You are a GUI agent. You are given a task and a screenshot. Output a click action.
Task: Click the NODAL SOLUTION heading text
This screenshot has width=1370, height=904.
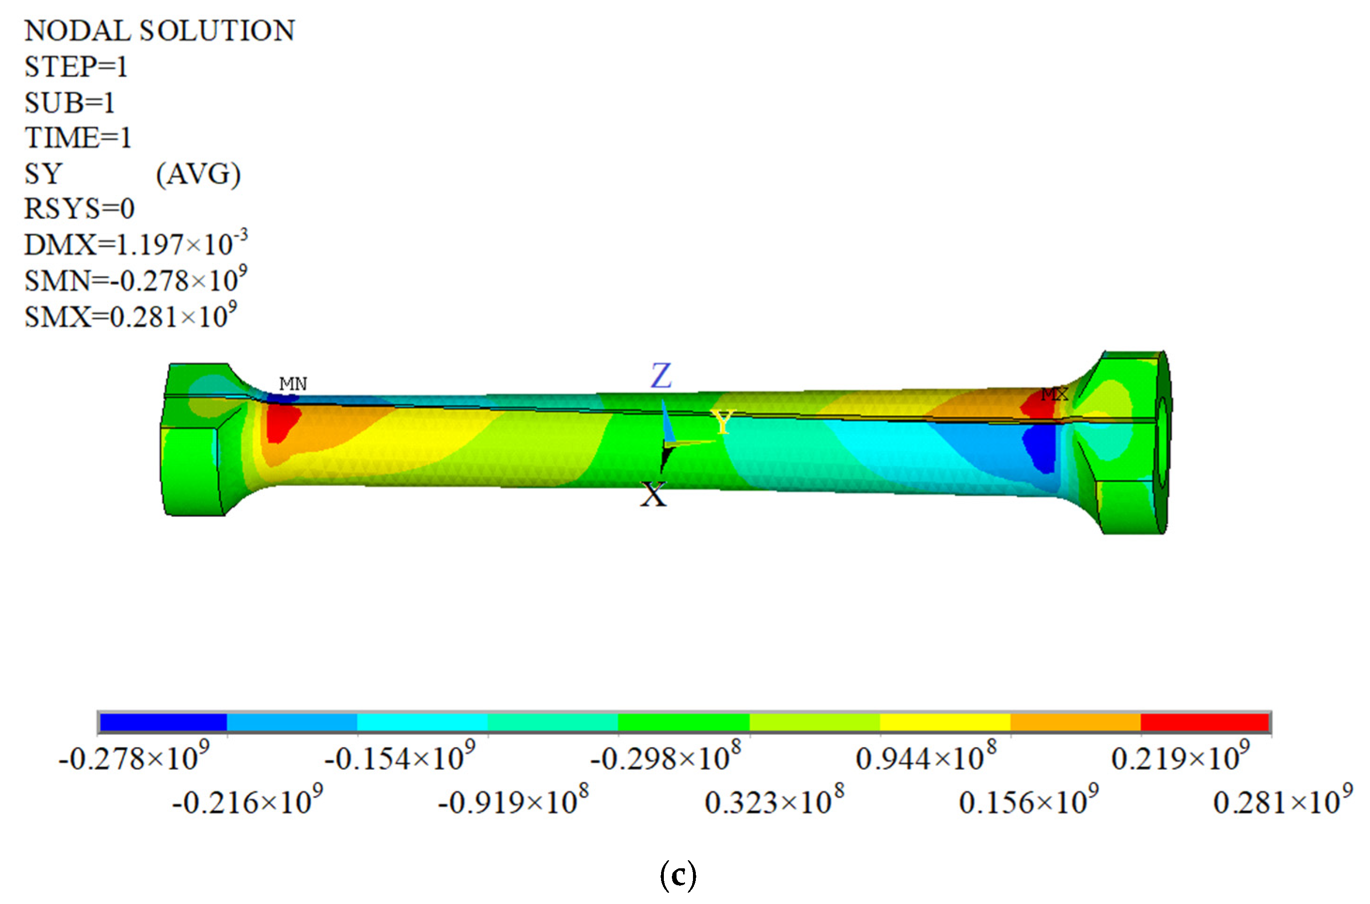tap(160, 31)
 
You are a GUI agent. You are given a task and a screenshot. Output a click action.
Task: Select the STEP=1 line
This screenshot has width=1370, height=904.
tap(76, 67)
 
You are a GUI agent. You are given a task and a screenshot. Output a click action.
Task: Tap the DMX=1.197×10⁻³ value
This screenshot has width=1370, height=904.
tap(135, 244)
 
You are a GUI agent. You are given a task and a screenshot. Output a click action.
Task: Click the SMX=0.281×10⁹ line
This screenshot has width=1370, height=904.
tap(130, 316)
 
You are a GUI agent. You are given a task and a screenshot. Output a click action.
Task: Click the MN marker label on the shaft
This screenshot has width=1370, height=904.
tap(293, 384)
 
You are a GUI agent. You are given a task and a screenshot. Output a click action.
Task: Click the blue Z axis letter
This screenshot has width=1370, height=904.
tap(661, 376)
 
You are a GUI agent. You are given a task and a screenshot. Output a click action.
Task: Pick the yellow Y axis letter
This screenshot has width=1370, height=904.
tap(722, 422)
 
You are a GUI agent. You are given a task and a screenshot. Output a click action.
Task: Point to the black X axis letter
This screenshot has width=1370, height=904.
tap(653, 495)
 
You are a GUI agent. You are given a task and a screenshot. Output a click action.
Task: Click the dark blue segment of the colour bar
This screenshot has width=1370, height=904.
tap(163, 722)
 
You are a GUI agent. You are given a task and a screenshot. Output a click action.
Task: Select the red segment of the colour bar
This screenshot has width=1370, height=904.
tap(1205, 722)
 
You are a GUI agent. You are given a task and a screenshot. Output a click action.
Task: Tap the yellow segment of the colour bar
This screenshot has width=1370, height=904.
tap(945, 722)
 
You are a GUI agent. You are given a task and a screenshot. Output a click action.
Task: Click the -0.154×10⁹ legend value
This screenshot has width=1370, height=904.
tap(400, 758)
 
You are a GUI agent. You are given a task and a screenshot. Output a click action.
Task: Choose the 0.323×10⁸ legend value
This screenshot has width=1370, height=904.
tap(774, 802)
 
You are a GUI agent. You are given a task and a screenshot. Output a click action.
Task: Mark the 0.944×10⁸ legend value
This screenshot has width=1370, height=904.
tap(926, 758)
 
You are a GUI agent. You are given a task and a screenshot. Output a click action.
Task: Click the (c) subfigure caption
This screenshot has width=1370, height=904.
tap(678, 876)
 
